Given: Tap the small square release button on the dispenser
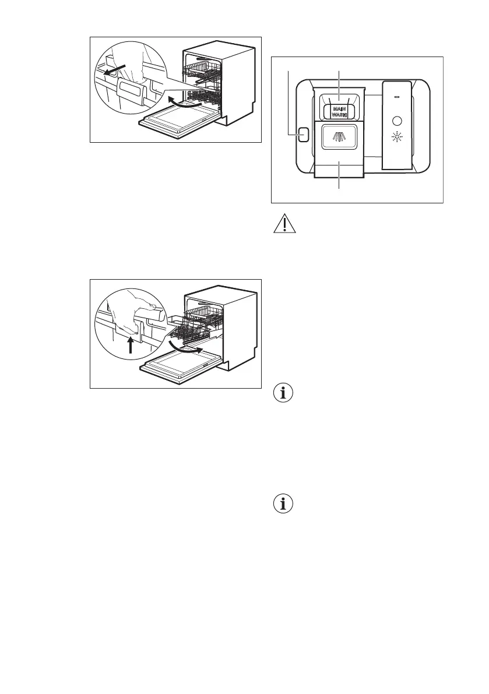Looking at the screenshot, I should [301, 136].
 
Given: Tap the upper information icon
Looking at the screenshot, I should [284, 393].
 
